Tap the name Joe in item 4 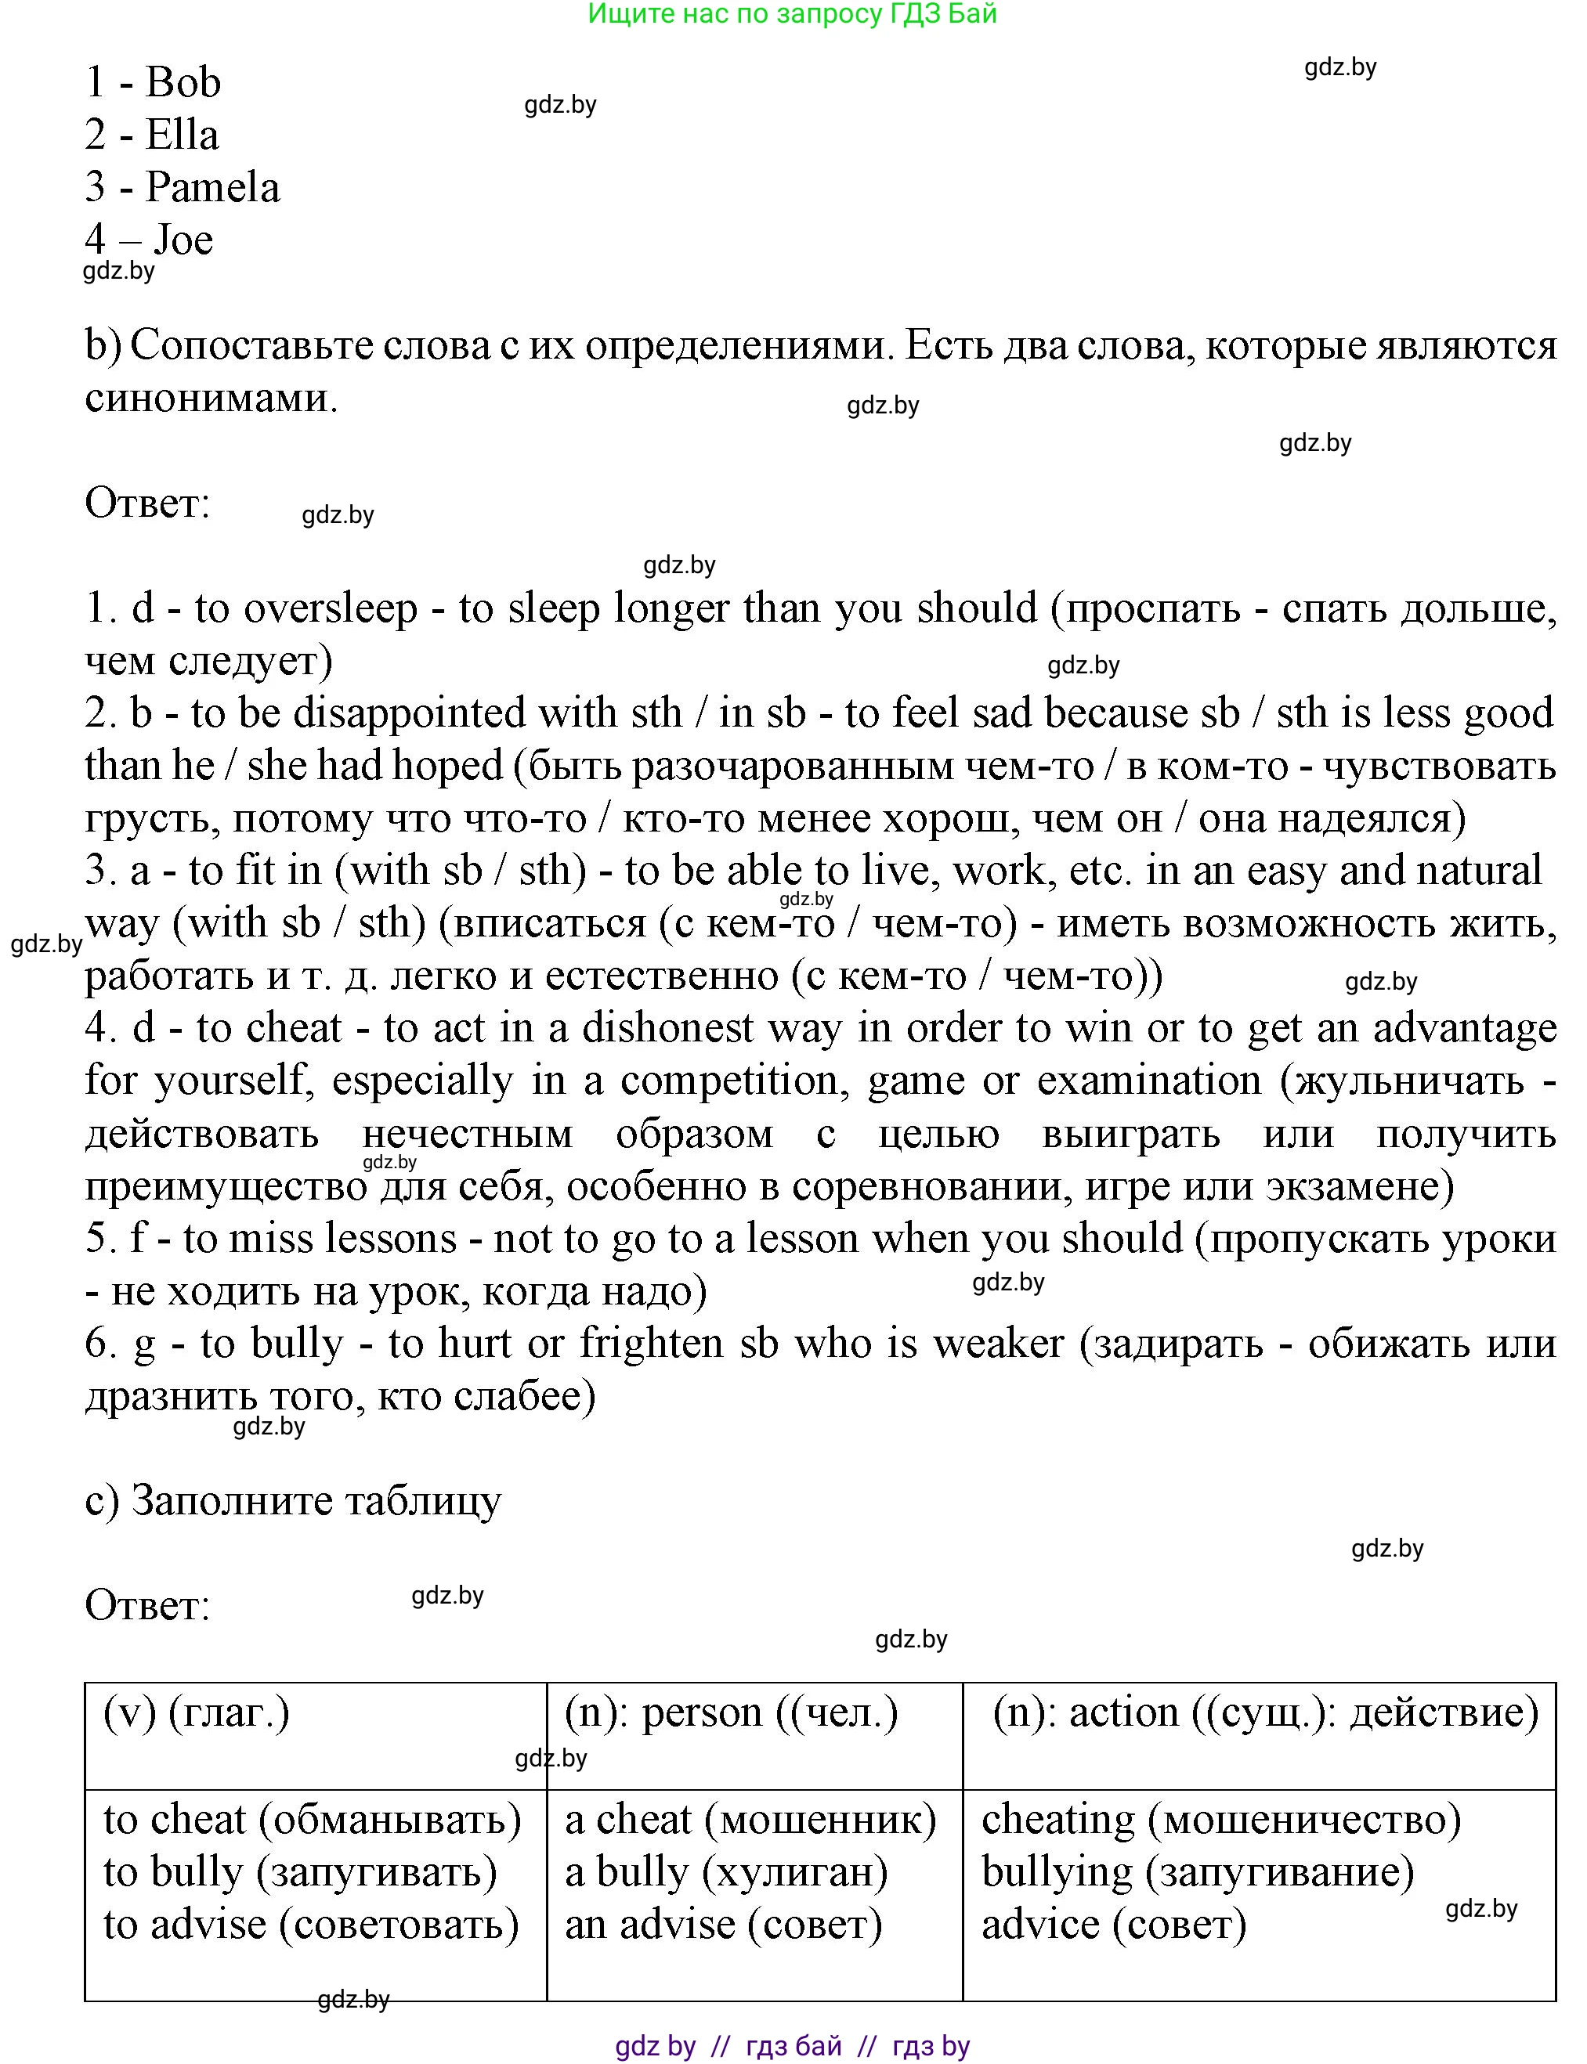pyautogui.click(x=183, y=240)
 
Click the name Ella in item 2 pyautogui.click(x=182, y=135)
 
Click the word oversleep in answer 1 pyautogui.click(x=331, y=609)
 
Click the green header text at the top pyautogui.click(x=792, y=14)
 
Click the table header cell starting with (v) pyautogui.click(x=197, y=1712)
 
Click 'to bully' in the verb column pyautogui.click(x=174, y=1871)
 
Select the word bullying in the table pyautogui.click(x=1057, y=1871)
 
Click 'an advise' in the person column pyautogui.click(x=650, y=1925)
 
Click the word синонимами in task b pyautogui.click(x=211, y=399)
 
